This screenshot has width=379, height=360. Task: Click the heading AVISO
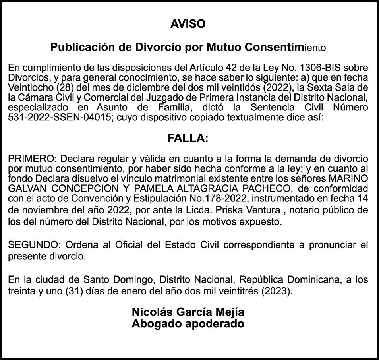pyautogui.click(x=188, y=24)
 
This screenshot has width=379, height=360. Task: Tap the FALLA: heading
pyautogui.click(x=188, y=138)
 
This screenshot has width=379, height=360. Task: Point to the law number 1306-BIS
pyautogui.click(x=321, y=67)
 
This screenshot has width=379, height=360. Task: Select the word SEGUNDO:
pyautogui.click(x=34, y=244)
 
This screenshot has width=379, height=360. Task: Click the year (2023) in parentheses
pyautogui.click(x=275, y=290)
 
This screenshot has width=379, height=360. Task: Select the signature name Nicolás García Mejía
pyautogui.click(x=188, y=312)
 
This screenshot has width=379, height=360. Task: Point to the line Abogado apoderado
pyautogui.click(x=188, y=323)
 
